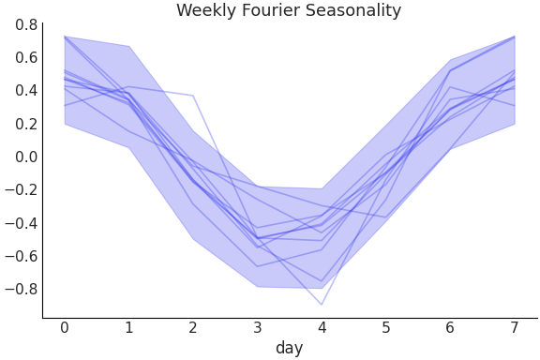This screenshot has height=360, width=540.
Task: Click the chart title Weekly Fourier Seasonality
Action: [x=289, y=11]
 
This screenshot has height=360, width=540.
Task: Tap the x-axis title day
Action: [x=289, y=349]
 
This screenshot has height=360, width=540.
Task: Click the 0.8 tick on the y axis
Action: [x=26, y=24]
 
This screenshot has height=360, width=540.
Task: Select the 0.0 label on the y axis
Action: [x=26, y=157]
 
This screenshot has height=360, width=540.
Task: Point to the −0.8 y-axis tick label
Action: [x=22, y=289]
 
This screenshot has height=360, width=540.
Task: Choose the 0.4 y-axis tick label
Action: [x=26, y=91]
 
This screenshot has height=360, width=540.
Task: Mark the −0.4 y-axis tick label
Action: [x=22, y=223]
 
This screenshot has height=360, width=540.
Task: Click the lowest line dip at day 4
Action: [x=322, y=305]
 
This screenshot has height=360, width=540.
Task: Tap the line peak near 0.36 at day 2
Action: [x=193, y=96]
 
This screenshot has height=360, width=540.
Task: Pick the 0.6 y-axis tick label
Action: [x=26, y=57]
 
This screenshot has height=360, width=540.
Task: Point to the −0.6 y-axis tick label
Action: [x=22, y=256]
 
